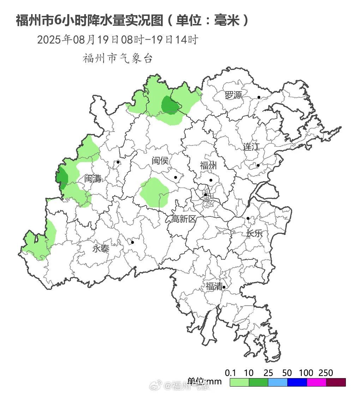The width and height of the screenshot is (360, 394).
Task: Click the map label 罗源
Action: tap(234, 95)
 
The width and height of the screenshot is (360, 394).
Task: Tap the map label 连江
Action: tap(251, 147)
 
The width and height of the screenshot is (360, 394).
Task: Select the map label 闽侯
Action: tap(160, 161)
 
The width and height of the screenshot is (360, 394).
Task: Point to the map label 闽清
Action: tap(93, 179)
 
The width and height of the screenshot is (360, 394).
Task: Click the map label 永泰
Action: tap(101, 249)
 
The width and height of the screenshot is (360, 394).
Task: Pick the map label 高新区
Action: tap(184, 219)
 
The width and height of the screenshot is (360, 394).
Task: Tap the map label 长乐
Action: tap(254, 233)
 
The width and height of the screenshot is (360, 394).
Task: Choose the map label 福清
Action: tap(214, 286)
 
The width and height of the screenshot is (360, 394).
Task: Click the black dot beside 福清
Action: tap(224, 287)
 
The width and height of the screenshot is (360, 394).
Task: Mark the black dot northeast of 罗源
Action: tap(259, 97)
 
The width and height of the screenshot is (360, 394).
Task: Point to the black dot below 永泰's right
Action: tap(132, 242)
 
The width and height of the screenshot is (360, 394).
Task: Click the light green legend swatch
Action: tap(239, 382)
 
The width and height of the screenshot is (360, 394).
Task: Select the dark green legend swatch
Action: tap(258, 382)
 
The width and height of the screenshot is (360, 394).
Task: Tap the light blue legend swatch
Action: tap(278, 382)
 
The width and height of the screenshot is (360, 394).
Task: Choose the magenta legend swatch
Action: tap(316, 382)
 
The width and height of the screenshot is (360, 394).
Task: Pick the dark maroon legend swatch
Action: tap(336, 382)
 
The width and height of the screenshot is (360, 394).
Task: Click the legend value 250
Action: tap(325, 373)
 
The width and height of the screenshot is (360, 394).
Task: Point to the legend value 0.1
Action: tap(230, 373)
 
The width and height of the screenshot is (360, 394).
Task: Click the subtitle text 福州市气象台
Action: tap(118, 58)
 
